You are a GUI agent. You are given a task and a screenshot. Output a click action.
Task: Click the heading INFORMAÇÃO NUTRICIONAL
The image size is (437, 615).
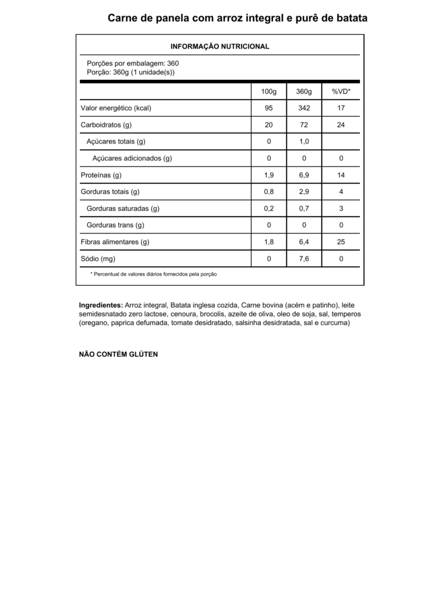coord(220,46)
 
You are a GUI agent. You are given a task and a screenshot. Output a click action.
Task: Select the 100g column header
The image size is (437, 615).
coord(269,91)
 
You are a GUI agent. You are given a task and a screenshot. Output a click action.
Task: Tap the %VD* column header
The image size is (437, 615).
coord(341,91)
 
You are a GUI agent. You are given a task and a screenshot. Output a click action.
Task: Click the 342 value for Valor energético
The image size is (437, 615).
coord(304,108)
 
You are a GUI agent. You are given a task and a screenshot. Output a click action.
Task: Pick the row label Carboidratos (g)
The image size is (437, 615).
coord(106,125)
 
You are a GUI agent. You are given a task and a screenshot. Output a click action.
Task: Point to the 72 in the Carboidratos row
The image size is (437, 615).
coord(304,125)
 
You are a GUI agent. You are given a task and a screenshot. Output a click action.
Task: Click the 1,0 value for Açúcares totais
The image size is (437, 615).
coord(304,142)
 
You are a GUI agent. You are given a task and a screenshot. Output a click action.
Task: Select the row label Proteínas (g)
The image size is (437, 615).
coord(101,175)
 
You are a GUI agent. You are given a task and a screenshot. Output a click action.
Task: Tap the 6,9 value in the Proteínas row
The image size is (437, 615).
coord(304,175)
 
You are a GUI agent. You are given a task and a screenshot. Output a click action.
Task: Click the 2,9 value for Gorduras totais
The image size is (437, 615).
coord(304,192)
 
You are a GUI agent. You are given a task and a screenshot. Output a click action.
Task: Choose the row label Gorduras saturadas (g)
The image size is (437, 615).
coord(123,209)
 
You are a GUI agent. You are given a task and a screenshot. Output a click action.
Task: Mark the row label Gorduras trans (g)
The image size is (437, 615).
coord(115,225)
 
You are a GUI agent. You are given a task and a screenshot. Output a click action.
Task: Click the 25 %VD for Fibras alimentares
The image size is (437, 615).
coord(341,242)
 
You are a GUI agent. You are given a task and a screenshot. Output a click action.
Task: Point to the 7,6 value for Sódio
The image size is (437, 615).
coord(304,259)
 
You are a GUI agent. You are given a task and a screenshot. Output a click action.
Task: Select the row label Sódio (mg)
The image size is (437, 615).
coord(97,259)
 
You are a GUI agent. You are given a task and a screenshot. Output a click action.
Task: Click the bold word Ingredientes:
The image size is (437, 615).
coord(101,305)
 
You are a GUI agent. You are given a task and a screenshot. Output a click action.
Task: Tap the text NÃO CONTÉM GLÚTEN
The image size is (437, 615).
coord(118,354)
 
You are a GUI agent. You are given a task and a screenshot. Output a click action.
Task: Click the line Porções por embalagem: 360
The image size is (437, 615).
coord(132,63)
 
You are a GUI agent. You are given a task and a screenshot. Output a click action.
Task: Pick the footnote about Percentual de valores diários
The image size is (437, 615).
coord(153,274)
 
